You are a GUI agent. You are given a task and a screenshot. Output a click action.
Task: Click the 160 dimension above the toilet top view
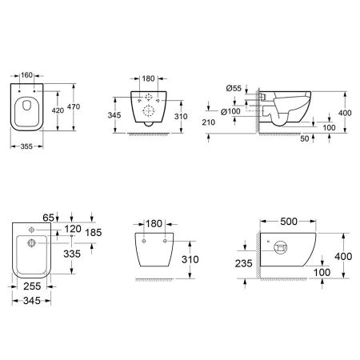pyautogui.click(x=26, y=75)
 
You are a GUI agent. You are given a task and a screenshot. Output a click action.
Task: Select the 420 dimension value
pyautogui.click(x=58, y=110)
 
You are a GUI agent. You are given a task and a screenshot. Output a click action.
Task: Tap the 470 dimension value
pyautogui.click(x=74, y=106)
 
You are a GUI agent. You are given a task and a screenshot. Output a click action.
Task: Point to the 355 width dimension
pyautogui.click(x=26, y=146)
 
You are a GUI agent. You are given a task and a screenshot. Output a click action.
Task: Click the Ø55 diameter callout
pyautogui.click(x=234, y=88)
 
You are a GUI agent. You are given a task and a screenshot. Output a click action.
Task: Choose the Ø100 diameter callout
pyautogui.click(x=230, y=111)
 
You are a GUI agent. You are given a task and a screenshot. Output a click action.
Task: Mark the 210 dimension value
pyautogui.click(x=208, y=122)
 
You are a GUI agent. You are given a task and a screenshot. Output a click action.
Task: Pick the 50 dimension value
pyautogui.click(x=305, y=138)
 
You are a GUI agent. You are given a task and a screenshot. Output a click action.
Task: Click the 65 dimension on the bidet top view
pyautogui.click(x=48, y=218)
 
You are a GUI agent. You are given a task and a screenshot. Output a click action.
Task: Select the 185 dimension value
pyautogui.click(x=94, y=233)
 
